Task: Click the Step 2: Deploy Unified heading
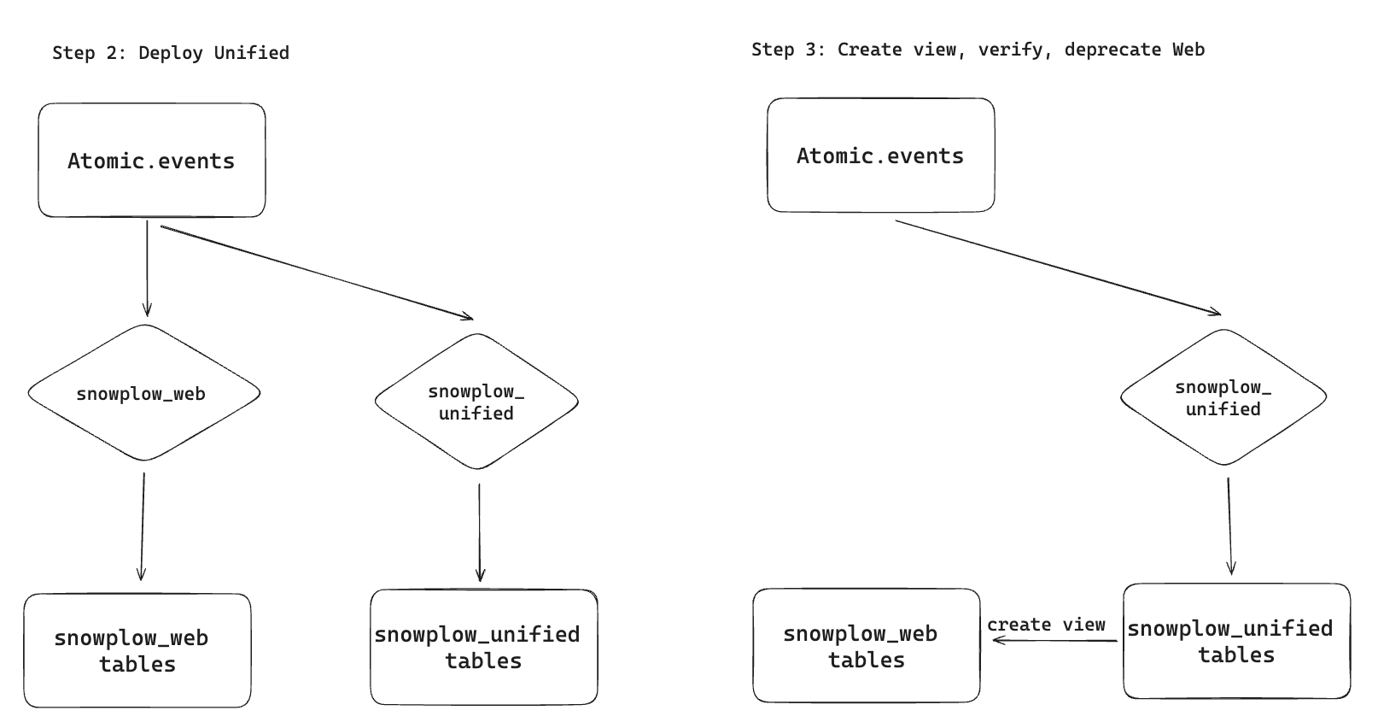tap(171, 53)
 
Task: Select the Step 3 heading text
tap(978, 50)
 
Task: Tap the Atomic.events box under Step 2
tap(151, 161)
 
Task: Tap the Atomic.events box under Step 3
tap(880, 156)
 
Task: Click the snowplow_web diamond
tap(142, 393)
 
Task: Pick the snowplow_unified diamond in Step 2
tap(476, 402)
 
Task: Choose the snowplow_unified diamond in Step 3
tap(1223, 397)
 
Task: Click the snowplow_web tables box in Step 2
tap(137, 651)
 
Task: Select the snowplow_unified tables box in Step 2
tap(483, 647)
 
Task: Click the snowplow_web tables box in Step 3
tap(866, 646)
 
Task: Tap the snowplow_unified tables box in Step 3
tap(1235, 642)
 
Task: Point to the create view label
tap(1046, 625)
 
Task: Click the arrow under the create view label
tap(1055, 640)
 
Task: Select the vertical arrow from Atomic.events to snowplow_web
tap(147, 269)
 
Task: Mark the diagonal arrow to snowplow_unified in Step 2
tap(316, 272)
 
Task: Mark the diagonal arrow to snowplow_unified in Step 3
tap(1059, 267)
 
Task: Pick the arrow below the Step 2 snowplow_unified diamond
tap(479, 531)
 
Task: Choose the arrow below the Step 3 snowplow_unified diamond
tap(1229, 525)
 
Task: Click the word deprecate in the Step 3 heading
tap(1112, 50)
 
